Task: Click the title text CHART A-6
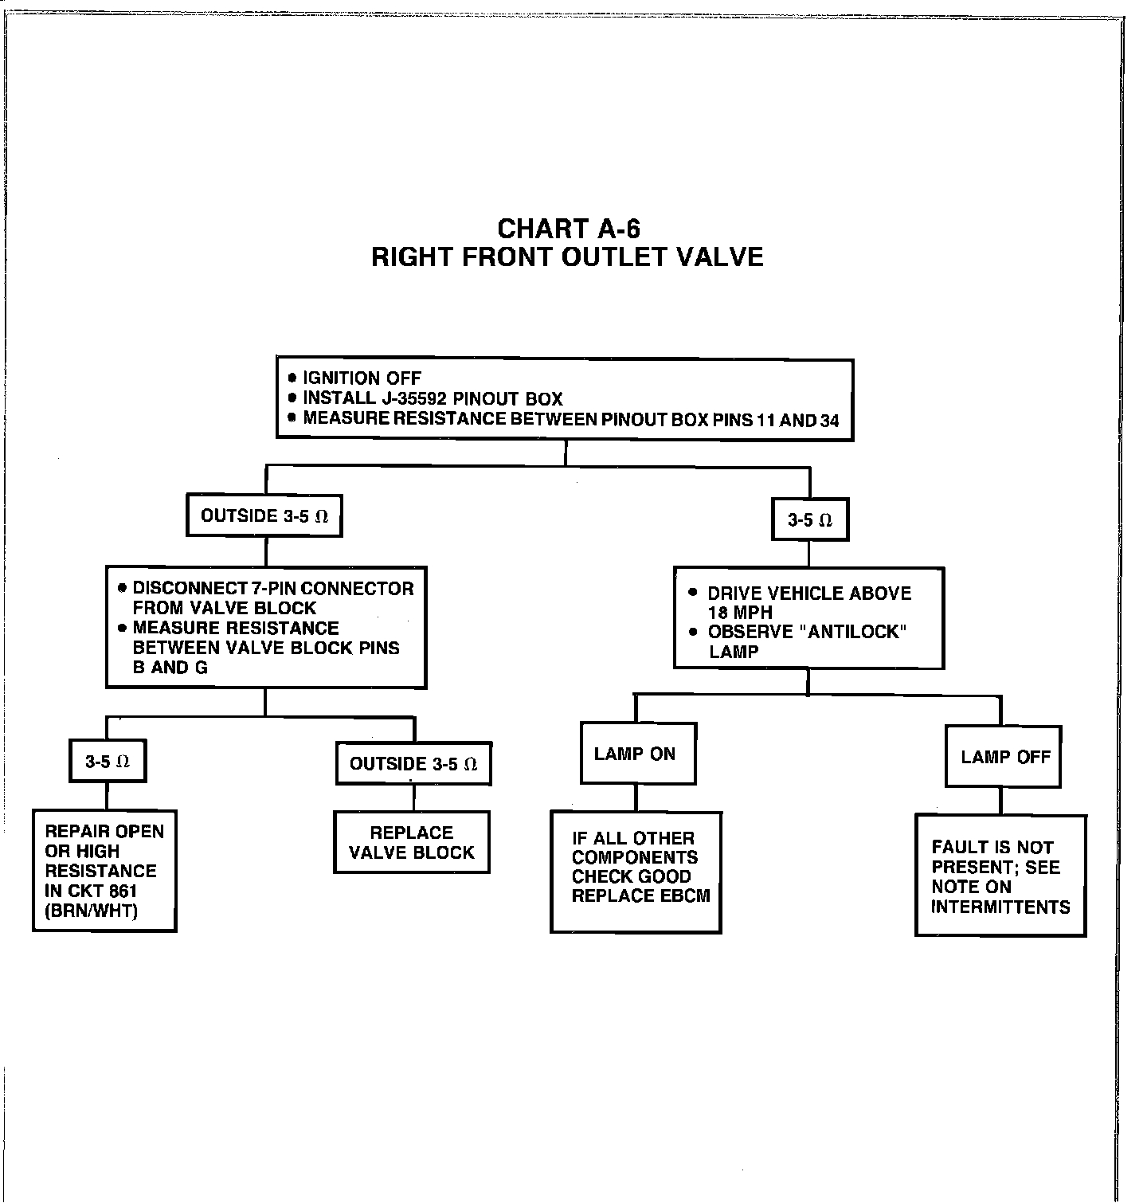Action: [568, 229]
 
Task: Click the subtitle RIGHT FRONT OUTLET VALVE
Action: [567, 257]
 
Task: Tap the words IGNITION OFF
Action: [362, 378]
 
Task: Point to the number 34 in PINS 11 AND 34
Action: [829, 420]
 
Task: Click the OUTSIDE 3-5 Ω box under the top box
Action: [264, 516]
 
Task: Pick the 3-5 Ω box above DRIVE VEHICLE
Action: [809, 520]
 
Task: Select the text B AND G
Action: [170, 668]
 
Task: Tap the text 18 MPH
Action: [740, 613]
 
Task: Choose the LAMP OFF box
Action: [1004, 757]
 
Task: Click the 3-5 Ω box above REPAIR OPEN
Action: [108, 762]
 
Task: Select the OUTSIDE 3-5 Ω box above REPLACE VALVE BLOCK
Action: [413, 764]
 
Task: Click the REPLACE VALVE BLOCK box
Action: [411, 842]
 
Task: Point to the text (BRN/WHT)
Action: [92, 911]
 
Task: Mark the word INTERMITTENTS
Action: [1000, 907]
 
